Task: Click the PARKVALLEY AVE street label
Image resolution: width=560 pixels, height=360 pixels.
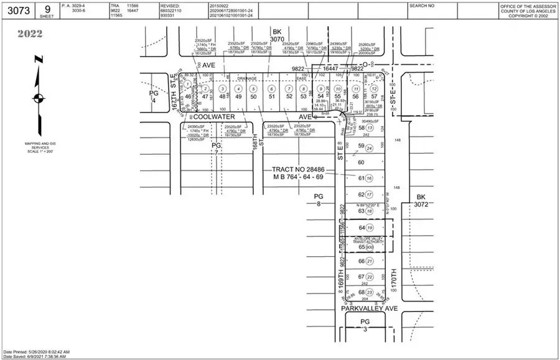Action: (369, 308)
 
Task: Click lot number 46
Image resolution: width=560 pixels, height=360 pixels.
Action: (188, 96)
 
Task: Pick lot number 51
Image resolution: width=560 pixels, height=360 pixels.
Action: (271, 96)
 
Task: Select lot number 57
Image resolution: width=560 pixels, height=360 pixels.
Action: (373, 96)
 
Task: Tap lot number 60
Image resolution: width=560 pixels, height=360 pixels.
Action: (362, 162)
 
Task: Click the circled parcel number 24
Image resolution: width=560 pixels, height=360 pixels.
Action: (370, 148)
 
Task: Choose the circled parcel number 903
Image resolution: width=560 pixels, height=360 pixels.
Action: (370, 247)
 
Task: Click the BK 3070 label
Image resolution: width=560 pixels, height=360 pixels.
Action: (277, 35)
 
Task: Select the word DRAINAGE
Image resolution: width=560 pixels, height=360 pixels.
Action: (248, 79)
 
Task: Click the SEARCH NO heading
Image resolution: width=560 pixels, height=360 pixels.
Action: (422, 5)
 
